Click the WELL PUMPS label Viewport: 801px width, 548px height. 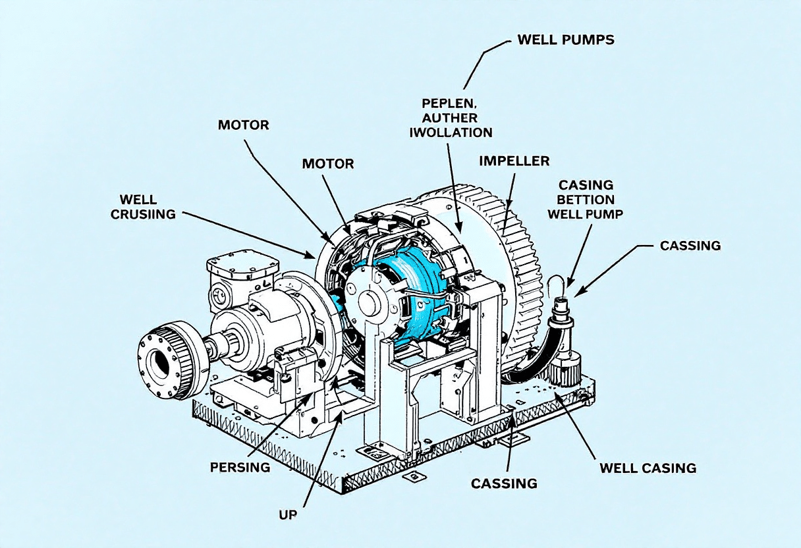tap(565, 40)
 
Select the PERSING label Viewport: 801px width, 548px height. tap(240, 467)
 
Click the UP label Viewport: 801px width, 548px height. tap(287, 514)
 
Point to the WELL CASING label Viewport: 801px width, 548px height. tap(648, 468)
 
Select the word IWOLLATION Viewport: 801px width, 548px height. tap(451, 132)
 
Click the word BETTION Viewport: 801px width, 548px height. tap(586, 200)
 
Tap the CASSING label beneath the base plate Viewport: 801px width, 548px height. tap(504, 483)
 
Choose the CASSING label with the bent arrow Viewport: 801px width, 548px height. tap(690, 246)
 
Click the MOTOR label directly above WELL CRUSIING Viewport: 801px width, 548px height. tap(243, 124)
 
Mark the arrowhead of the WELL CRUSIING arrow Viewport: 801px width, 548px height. tap(314, 256)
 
